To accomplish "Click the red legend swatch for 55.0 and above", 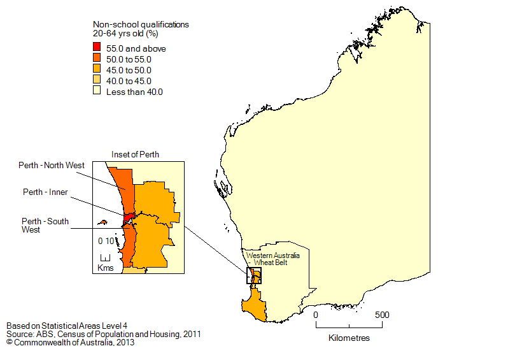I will pos(97,47).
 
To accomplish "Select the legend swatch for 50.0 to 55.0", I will pos(97,59).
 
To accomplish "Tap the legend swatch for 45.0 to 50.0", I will pos(97,69).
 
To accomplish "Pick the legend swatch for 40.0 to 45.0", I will pos(97,81).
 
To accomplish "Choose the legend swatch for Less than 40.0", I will pos(97,92).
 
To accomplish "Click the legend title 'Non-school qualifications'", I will pos(141,24).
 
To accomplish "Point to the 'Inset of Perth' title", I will pos(135,154).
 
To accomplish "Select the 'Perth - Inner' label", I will pos(45,192).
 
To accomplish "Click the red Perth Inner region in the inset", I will pos(128,217).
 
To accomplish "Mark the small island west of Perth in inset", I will pos(101,223).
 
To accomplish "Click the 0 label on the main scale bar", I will pos(316,315).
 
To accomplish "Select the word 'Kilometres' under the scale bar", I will pos(349,338).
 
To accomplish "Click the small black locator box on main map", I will pos(253,275).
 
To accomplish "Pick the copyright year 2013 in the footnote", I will pos(125,342).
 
